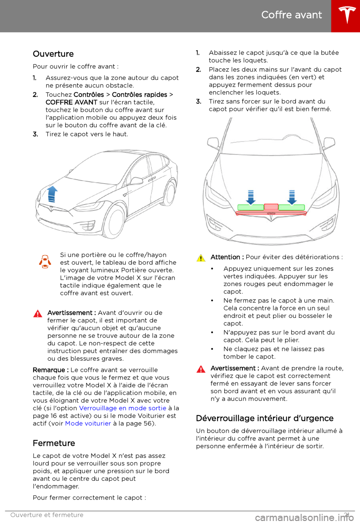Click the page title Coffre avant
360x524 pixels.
[x=291, y=15]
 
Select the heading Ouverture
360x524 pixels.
[x=53, y=54]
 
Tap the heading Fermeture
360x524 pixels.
[x=54, y=443]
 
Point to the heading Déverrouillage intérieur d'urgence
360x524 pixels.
[x=265, y=419]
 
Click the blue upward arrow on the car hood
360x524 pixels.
[x=52, y=194]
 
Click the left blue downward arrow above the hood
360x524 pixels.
[x=251, y=197]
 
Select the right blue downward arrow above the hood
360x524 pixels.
[x=292, y=197]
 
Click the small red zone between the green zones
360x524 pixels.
[x=271, y=207]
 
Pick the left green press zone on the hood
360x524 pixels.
[x=251, y=208]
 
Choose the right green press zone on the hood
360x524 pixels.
[x=291, y=208]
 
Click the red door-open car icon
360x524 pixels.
[x=45, y=262]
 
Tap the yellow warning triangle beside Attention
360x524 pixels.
[x=201, y=258]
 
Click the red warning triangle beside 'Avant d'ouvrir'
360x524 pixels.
[x=38, y=314]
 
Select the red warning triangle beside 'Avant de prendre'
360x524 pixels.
[x=201, y=369]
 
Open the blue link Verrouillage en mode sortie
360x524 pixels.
[x=123, y=408]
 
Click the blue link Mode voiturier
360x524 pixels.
[x=88, y=423]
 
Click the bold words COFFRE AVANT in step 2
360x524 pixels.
[x=71, y=102]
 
